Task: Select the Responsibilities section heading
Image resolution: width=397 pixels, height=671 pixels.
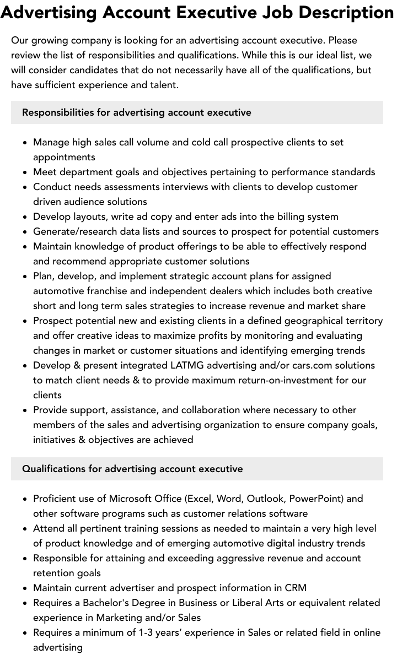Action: point(136,112)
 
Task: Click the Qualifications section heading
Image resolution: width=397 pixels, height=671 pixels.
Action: point(132,469)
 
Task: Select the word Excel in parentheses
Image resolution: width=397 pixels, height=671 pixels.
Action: point(200,499)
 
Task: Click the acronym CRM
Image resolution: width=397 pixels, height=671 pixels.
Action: point(296,588)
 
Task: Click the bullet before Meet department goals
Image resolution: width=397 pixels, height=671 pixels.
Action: point(25,172)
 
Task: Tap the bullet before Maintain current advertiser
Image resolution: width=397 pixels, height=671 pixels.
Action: point(25,588)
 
